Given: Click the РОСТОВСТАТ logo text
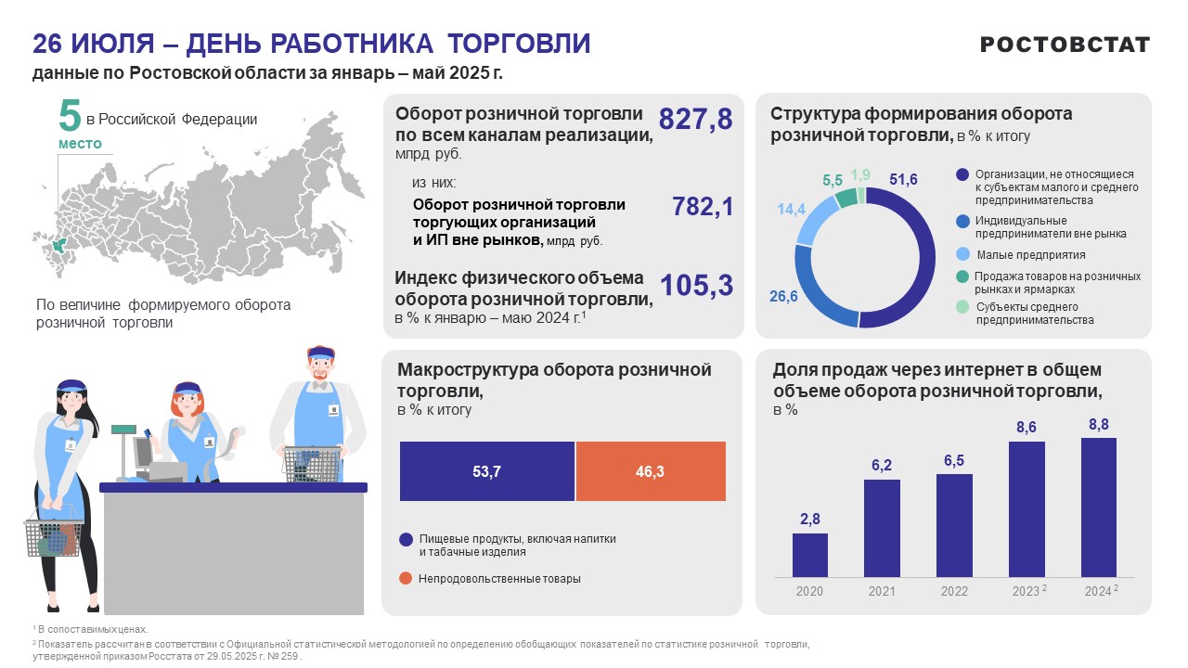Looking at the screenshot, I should click(x=1065, y=45).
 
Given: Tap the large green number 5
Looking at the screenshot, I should click(x=70, y=116).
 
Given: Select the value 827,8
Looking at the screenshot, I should click(x=695, y=119).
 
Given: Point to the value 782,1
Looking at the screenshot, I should click(x=703, y=207).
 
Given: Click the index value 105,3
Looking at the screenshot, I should click(x=696, y=286).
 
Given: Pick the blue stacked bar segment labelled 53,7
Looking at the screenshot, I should click(x=487, y=471).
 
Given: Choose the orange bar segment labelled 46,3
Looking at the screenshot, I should click(x=651, y=471).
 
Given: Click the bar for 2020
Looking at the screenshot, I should click(x=809, y=555).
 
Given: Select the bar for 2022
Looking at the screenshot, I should click(x=954, y=525).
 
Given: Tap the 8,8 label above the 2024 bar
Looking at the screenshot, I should click(x=1099, y=424).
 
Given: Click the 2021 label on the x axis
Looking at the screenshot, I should click(x=882, y=591).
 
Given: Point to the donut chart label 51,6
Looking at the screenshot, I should click(x=903, y=179).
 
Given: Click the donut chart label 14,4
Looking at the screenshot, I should click(x=791, y=210).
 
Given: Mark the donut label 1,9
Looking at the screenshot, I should click(x=860, y=174).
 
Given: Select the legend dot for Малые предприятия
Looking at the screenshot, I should click(x=962, y=254).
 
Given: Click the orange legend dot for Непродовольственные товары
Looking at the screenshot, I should click(x=406, y=578).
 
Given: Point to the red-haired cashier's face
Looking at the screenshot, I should click(x=187, y=404).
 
